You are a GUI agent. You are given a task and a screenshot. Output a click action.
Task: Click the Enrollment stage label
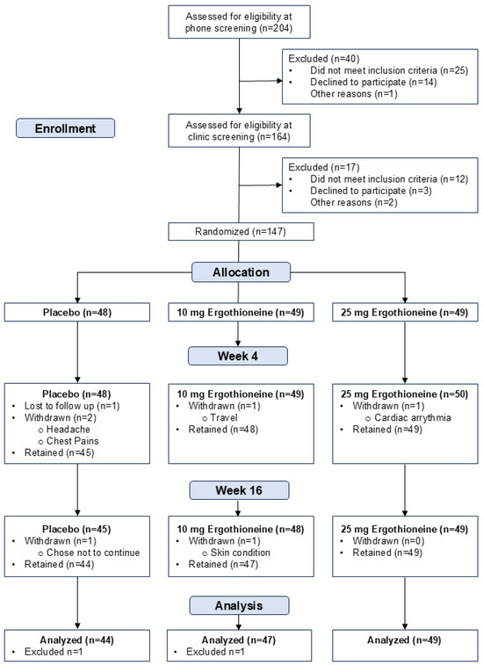65,128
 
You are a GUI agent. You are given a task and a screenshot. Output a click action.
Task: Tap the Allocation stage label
241,271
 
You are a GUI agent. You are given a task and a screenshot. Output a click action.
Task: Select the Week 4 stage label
237,356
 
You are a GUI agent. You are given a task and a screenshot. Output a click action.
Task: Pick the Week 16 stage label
239,490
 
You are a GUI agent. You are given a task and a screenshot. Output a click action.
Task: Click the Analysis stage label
239,605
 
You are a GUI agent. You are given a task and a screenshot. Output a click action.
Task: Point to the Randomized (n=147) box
241,232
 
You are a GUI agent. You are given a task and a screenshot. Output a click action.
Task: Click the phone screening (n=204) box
239,22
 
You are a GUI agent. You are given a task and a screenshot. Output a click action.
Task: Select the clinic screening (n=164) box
239,131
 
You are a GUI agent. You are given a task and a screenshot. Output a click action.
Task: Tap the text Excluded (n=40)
323,59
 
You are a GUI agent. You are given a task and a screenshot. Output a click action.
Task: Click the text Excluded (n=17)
323,167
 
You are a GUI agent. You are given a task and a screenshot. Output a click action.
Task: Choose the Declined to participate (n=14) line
373,82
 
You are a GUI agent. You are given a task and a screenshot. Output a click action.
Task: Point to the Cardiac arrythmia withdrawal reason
413,418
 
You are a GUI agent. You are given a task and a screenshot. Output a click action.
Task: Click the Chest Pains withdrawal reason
73,441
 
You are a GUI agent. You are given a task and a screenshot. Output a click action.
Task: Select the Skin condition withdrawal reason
240,553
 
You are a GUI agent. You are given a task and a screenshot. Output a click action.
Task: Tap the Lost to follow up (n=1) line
72,406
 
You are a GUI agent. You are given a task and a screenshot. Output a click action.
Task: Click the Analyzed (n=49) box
405,645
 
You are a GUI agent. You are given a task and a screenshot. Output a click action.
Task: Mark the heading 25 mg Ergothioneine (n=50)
405,394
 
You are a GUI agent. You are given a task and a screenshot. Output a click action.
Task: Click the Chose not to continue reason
93,553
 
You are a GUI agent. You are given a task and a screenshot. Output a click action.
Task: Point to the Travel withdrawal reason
223,418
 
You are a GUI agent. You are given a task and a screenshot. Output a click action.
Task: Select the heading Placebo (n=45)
76,529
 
